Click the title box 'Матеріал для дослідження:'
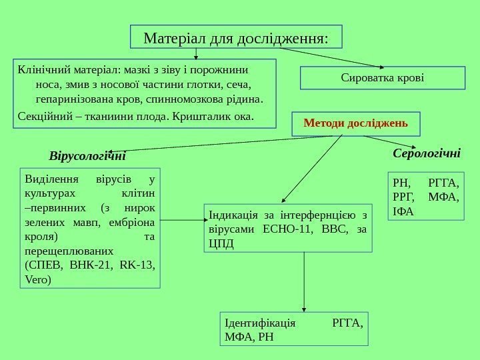pyautogui.click(x=235, y=37)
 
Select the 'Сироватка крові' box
pyautogui.click(x=383, y=78)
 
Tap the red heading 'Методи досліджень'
pyautogui.click(x=356, y=123)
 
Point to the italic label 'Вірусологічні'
pyautogui.click(x=87, y=157)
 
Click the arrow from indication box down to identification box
pyautogui.click(x=304, y=280)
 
